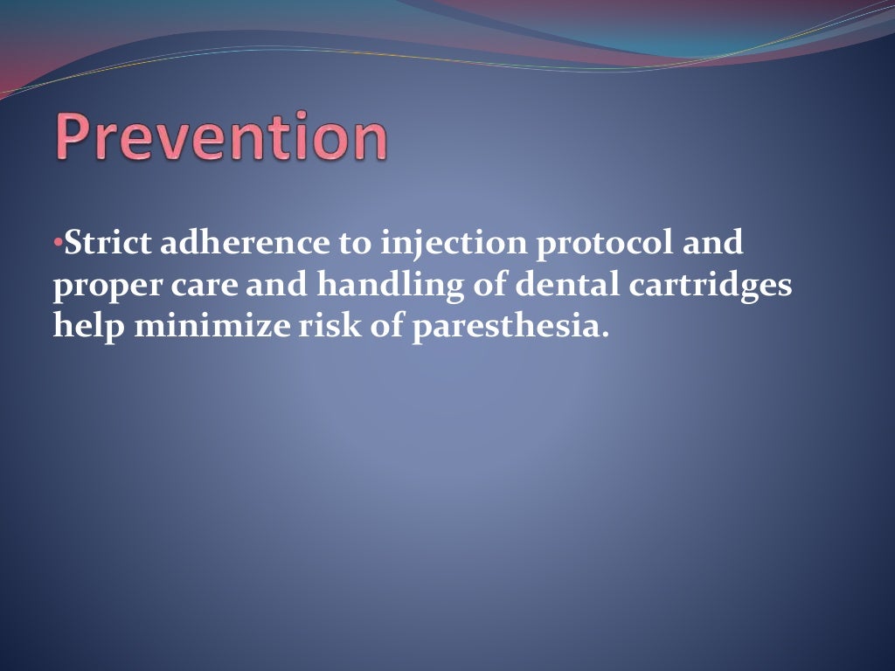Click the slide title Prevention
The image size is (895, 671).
222,137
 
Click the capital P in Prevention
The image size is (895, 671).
75,137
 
